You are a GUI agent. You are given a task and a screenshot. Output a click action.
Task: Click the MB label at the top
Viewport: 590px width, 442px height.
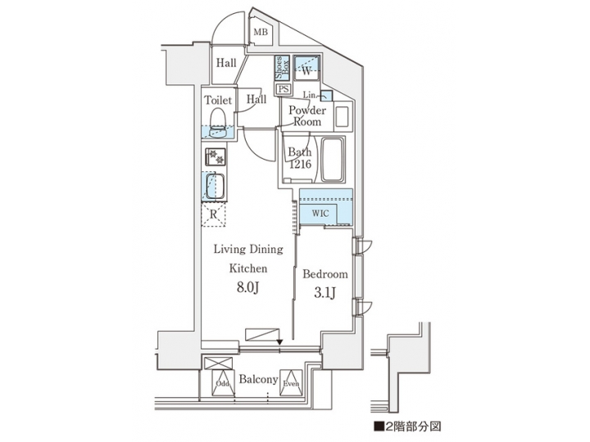(x=261, y=33)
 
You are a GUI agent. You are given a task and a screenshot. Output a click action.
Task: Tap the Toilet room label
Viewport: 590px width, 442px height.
(x=217, y=101)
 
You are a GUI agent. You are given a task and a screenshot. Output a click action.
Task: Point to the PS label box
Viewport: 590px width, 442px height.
(x=284, y=88)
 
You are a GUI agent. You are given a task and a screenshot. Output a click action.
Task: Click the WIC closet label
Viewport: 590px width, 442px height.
(x=320, y=213)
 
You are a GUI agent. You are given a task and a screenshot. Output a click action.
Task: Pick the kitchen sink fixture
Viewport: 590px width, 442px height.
(x=216, y=186)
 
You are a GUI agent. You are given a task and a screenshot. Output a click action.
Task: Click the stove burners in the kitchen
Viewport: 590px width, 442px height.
(x=213, y=156)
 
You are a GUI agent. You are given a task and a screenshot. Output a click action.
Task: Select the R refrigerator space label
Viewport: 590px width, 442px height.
(x=213, y=214)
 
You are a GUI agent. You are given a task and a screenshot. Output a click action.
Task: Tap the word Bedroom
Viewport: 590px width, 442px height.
(x=325, y=274)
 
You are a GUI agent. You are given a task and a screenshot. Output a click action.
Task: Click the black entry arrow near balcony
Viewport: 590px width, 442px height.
(x=279, y=341)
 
